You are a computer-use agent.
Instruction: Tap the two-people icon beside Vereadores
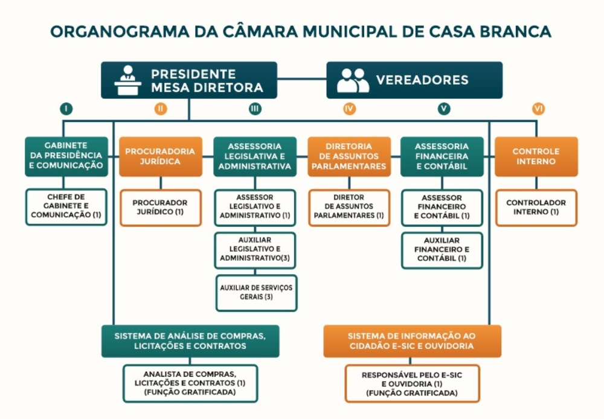coord(353,80)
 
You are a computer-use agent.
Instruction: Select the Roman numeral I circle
coord(66,109)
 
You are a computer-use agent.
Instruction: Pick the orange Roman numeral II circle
coord(160,109)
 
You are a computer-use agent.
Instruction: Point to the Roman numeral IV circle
coord(349,109)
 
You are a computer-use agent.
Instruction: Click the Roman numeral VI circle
coord(538,109)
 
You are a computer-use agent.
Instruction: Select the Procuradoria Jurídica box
coord(160,156)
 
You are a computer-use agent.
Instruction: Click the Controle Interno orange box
coord(536,156)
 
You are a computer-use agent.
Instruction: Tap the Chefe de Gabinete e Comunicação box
coord(66,207)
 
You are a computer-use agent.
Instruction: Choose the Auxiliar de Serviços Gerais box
coord(256,293)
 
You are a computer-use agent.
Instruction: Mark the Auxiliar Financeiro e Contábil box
coord(442,250)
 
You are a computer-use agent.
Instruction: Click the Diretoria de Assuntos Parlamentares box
coord(349,156)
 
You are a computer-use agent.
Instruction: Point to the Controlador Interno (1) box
coord(536,207)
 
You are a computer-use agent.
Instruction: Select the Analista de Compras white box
coord(190,383)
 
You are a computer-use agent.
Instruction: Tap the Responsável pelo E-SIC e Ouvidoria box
coord(412,383)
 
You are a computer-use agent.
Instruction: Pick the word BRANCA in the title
coord(519,32)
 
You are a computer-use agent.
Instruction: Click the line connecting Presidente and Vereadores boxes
coord(302,78)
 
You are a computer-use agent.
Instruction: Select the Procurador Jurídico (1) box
coord(160,207)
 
